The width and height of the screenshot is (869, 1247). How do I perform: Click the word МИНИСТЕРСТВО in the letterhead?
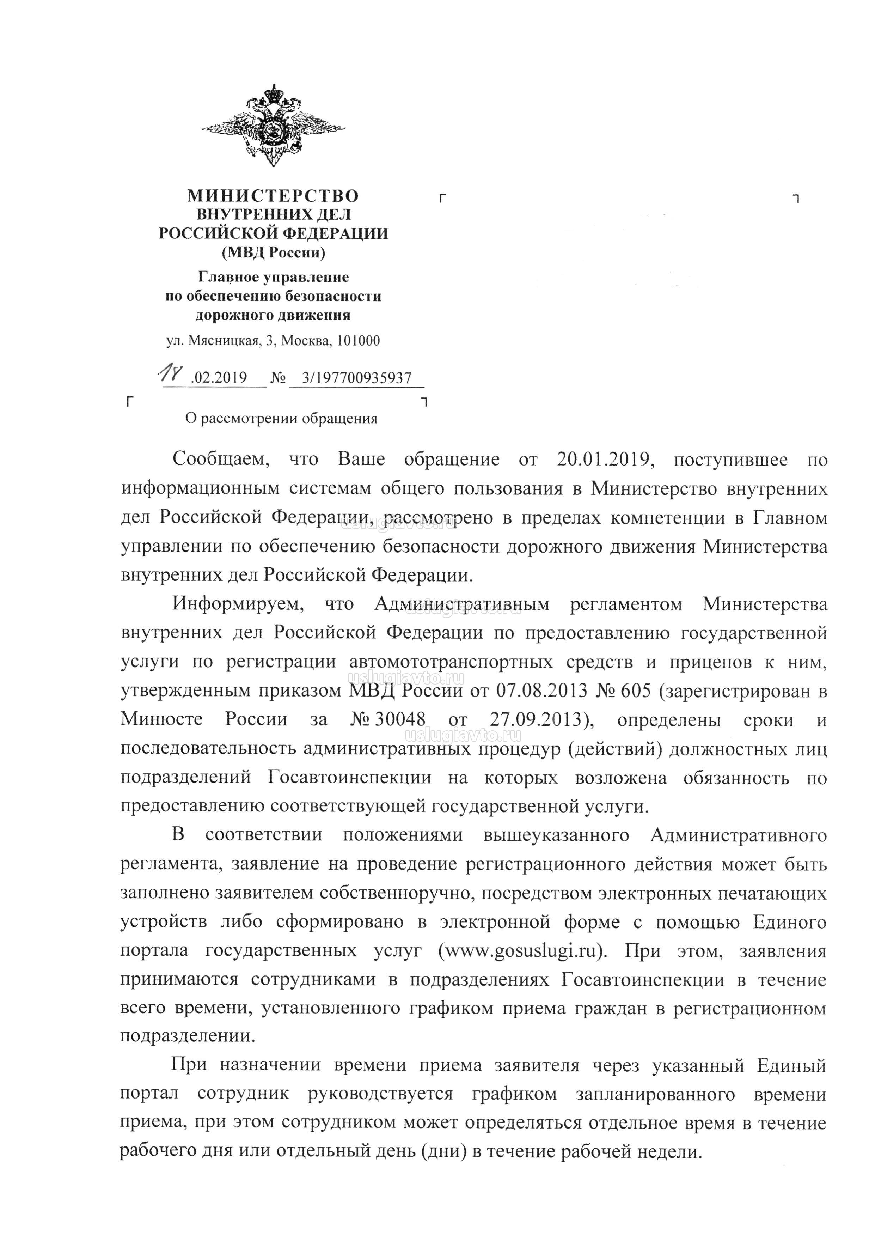(273, 195)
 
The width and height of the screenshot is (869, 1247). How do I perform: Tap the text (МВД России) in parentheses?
(273, 253)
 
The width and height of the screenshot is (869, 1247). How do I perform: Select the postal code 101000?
(358, 341)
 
